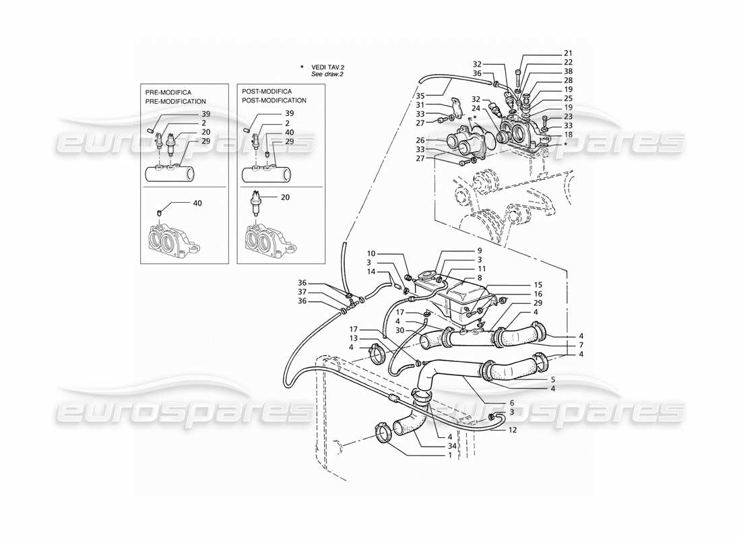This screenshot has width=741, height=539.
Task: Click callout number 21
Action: click(568, 53)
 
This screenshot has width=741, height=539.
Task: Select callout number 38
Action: click(568, 71)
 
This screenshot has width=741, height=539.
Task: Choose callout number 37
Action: click(303, 292)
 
